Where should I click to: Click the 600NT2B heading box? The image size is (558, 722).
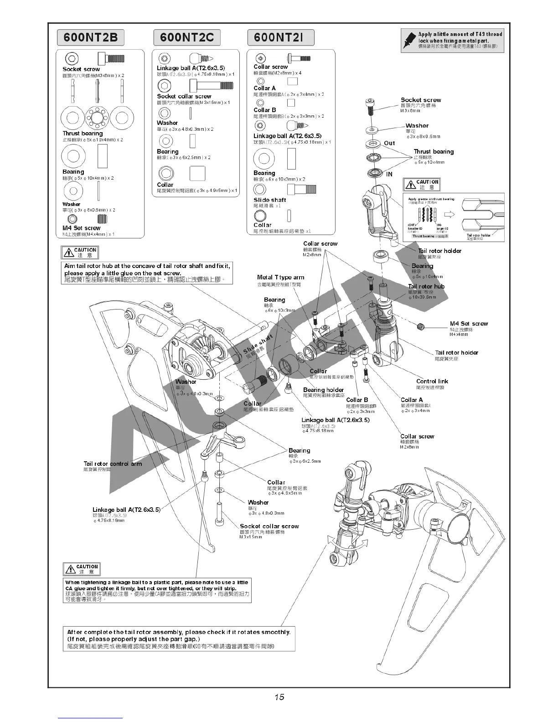coord(90,37)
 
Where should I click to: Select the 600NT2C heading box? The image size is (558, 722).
coord(187,37)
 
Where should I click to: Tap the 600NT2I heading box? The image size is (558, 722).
coord(280,37)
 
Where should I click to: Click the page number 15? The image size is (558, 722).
coord(279,697)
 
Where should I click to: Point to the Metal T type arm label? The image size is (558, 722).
coord(280,277)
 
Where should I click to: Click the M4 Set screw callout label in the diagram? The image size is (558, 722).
coord(468,324)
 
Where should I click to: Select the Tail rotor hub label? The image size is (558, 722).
coord(426,287)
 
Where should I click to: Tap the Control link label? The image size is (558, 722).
coord(432,382)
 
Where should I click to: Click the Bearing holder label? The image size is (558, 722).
coord(323,390)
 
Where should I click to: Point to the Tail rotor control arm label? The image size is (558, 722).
coord(113,464)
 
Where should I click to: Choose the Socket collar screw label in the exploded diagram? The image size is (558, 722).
coord(269,526)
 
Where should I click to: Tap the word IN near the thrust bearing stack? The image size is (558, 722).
coord(389,174)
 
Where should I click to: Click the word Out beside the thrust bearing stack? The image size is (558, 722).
coord(389,143)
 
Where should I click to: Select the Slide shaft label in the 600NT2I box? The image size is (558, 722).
coord(269,200)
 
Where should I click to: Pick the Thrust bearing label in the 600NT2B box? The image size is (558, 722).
coord(83,134)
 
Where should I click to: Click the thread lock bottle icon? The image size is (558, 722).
coord(409,41)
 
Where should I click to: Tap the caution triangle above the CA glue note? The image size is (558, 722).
coord(70,569)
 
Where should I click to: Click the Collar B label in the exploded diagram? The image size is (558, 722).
coord(357,400)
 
